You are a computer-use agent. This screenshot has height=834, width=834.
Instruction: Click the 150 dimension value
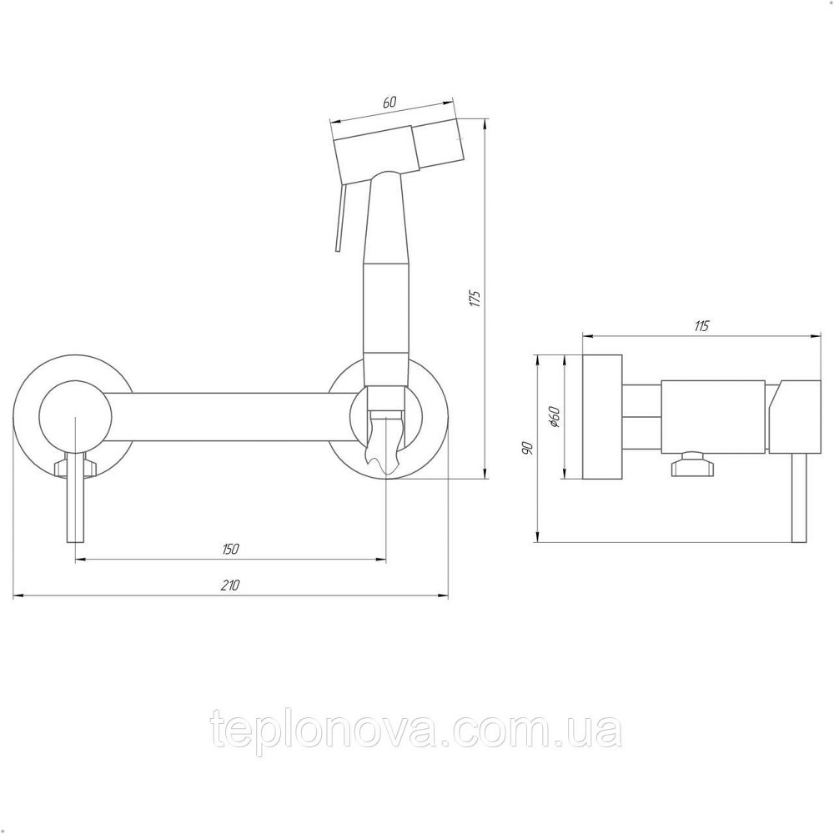tap(230, 549)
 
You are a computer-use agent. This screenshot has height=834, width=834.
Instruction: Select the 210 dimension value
tap(230, 585)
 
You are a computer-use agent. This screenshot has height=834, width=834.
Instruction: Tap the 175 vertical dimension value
tap(476, 299)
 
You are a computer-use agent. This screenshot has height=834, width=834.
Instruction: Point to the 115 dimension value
tap(701, 325)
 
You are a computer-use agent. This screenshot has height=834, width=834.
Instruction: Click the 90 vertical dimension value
tap(527, 448)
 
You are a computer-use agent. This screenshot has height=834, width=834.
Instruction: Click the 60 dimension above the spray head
tap(389, 103)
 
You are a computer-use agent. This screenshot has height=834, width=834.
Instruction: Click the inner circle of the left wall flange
tap(76, 416)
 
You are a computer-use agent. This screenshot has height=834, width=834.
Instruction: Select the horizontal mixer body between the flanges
tap(229, 417)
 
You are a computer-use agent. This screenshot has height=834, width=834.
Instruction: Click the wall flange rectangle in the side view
tap(602, 416)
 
